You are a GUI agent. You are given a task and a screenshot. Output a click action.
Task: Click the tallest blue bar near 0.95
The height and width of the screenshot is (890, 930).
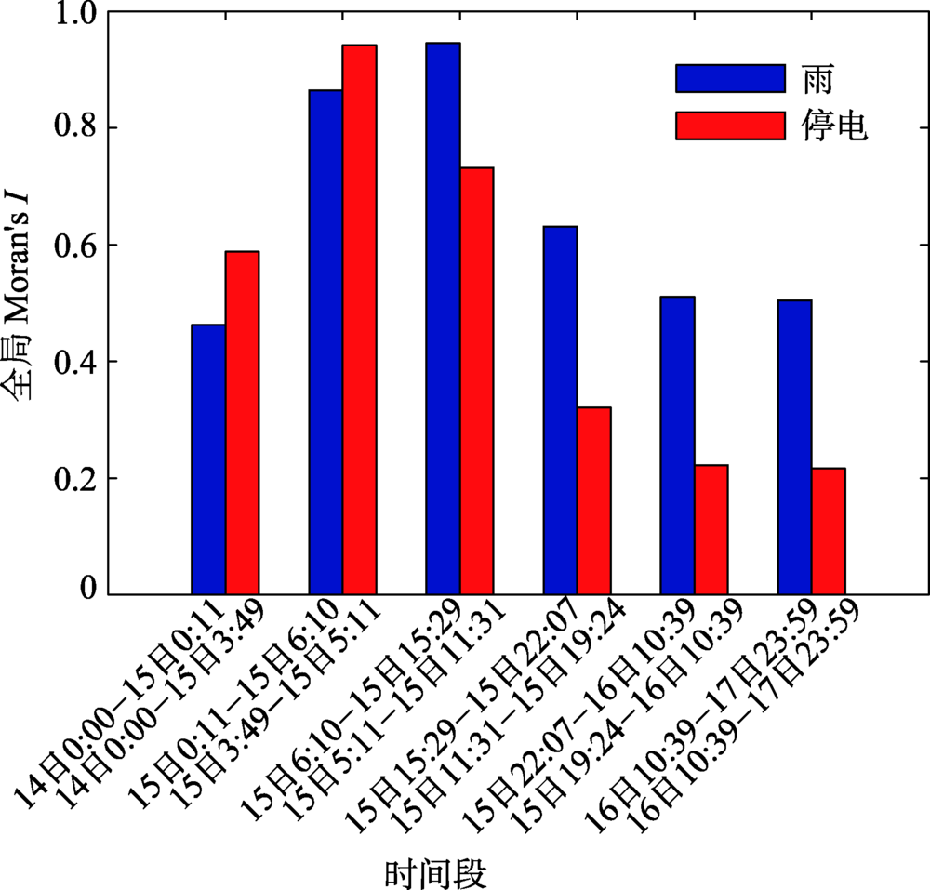click(443, 318)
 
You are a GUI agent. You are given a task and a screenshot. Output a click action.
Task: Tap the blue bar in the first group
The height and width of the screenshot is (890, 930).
click(208, 459)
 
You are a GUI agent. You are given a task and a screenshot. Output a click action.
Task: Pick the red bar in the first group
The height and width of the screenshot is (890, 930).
click(242, 423)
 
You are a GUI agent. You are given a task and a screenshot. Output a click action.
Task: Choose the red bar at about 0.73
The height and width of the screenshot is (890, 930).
click(476, 381)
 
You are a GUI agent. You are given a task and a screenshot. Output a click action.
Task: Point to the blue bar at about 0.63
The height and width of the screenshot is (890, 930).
click(560, 410)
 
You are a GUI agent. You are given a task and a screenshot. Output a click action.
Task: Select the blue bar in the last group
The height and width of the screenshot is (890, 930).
click(794, 447)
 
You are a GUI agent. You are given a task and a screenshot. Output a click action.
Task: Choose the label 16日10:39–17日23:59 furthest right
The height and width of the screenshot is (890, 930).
click(744, 721)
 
